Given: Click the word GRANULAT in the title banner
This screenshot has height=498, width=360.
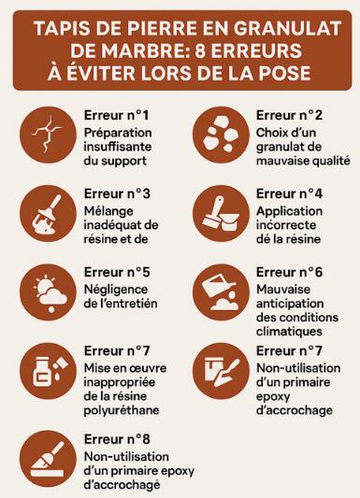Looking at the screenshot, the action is pyautogui.click(x=287, y=29).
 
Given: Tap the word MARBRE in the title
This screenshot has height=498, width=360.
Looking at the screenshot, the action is pyautogui.click(x=129, y=50).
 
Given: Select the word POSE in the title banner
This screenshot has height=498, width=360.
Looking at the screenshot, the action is pyautogui.click(x=284, y=74).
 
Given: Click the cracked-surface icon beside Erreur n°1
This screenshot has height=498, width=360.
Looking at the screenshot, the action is pyautogui.click(x=48, y=135).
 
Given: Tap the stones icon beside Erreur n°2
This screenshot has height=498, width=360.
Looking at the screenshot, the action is pyautogui.click(x=221, y=135).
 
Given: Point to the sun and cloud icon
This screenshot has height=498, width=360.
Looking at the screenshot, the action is pyautogui.click(x=48, y=292).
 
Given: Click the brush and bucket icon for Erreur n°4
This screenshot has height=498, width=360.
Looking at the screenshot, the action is pyautogui.click(x=221, y=213).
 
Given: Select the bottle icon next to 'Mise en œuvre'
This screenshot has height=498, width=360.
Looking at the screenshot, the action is pyautogui.click(x=48, y=371).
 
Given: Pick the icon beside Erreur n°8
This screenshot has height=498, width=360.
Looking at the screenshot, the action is pyautogui.click(x=48, y=459).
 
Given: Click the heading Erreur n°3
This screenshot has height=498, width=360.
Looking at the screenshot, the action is pyautogui.click(x=117, y=193).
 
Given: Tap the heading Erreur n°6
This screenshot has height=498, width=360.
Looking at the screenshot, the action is pyautogui.click(x=289, y=272).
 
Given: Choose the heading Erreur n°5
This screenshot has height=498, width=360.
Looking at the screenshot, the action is pyautogui.click(x=117, y=272).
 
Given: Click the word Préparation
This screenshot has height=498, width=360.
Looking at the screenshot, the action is pyautogui.click(x=118, y=134).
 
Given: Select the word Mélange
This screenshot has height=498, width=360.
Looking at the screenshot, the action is pyautogui.click(x=104, y=212).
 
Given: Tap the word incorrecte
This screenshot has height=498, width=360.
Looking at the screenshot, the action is pyautogui.click(x=286, y=225).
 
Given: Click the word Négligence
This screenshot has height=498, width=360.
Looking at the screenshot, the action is pyautogui.click(x=116, y=290).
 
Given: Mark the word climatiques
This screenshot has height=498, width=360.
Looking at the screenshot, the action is pyautogui.click(x=289, y=332).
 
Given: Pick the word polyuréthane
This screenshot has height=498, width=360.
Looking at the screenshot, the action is pyautogui.click(x=122, y=410).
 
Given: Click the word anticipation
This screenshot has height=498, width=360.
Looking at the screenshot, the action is pyautogui.click(x=290, y=304).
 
